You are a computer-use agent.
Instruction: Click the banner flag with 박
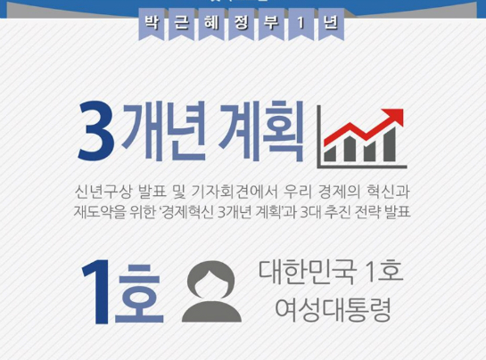click(x=152, y=24)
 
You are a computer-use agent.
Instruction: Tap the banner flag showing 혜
click(x=211, y=24)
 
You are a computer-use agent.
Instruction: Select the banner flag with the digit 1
click(x=301, y=24)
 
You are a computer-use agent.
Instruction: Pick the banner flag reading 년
click(x=331, y=24)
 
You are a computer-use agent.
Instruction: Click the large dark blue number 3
click(x=96, y=131)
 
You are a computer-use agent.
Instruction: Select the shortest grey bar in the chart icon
click(x=330, y=154)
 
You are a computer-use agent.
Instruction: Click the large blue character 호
click(x=139, y=294)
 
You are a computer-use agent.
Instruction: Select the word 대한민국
click(x=307, y=273)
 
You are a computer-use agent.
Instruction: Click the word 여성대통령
click(x=333, y=310)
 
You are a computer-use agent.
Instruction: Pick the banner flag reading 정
click(x=241, y=24)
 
